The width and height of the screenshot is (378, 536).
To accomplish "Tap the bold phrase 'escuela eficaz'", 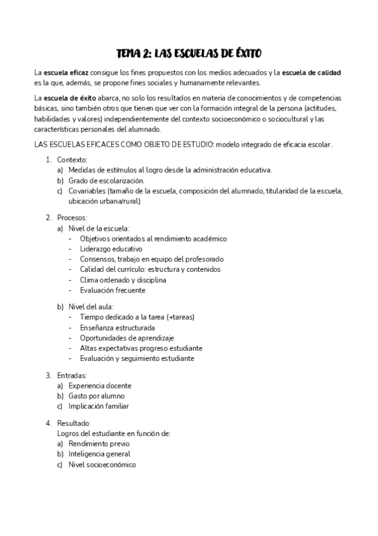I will pyautogui.click(x=64, y=73).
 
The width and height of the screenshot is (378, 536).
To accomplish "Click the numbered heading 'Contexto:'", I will pyautogui.click(x=72, y=160).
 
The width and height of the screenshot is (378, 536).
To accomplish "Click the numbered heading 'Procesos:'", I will pyautogui.click(x=72, y=217).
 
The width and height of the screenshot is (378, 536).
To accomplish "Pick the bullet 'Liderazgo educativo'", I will pyautogui.click(x=111, y=249).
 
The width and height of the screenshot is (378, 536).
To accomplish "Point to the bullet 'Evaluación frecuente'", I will pyautogui.click(x=112, y=290).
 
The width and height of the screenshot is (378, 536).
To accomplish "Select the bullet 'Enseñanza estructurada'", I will pyautogui.click(x=117, y=327).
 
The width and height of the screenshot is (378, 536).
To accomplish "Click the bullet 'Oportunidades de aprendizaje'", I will pyautogui.click(x=126, y=338).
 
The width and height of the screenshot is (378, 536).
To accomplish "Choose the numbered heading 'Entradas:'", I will pyautogui.click(x=71, y=375).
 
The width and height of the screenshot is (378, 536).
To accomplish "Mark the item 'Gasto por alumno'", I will pyautogui.click(x=98, y=396).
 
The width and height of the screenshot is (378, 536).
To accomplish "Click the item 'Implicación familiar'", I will pyautogui.click(x=103, y=406).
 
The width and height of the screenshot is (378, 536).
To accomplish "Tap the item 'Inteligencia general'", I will pyautogui.click(x=100, y=454).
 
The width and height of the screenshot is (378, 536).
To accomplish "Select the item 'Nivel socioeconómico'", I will pyautogui.click(x=102, y=465).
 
